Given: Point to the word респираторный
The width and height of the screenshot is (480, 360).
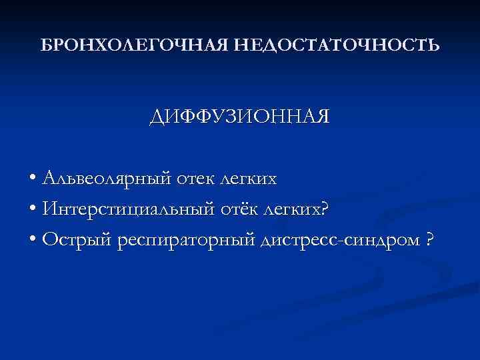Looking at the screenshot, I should tap(174, 241).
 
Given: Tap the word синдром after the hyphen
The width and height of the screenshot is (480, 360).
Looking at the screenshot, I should tap(379, 241).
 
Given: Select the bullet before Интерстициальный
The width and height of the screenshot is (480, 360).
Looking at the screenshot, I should tap(33, 211).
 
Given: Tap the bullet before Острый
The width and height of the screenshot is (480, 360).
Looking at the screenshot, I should tap(33, 241).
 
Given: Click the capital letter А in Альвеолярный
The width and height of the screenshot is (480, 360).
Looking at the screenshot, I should tap(48, 178).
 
